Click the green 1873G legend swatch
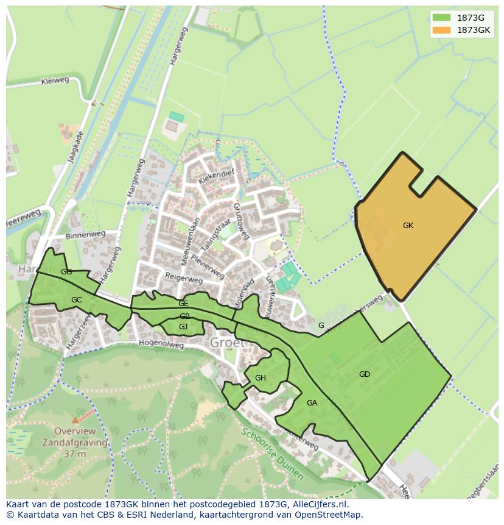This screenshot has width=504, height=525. point(442,18)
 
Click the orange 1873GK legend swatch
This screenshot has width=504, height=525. point(442,30)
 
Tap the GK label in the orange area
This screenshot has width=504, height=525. point(408,226)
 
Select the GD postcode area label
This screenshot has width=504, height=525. point(365,374)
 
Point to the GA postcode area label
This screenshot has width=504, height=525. point(312,403)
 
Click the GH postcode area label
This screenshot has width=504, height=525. point(261,378)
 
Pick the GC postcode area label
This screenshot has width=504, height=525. point(76,300)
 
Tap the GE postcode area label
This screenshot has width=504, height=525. point(183,303)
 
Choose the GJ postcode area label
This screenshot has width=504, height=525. point(183,327)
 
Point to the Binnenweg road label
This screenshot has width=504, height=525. point(85,234)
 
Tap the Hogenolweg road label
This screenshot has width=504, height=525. point(161,345)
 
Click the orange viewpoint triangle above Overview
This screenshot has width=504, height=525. point(75,420)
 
